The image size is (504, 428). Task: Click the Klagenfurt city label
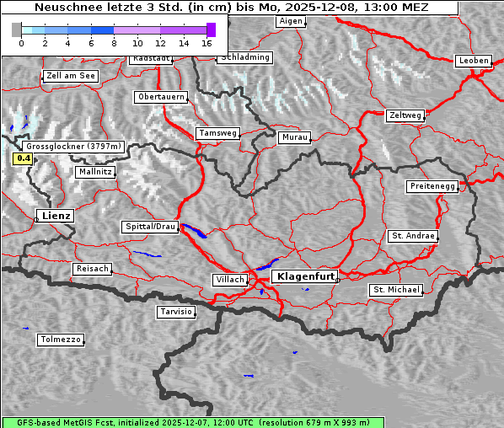pyautogui.click(x=307, y=276)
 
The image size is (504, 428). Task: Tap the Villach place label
pyautogui.click(x=229, y=280)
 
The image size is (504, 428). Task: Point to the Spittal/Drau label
pyautogui.click(x=151, y=227)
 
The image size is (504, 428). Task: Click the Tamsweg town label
pyautogui.click(x=218, y=133)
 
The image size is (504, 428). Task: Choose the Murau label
pyautogui.click(x=295, y=136)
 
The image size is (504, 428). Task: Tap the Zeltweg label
pyautogui.click(x=405, y=115)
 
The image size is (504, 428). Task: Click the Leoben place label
pyautogui.click(x=474, y=61)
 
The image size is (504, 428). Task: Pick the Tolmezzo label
pyautogui.click(x=60, y=340)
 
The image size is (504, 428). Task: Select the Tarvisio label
pyautogui.click(x=176, y=312)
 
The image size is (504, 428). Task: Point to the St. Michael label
pyautogui.click(x=395, y=290)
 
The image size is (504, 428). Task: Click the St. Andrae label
pyautogui.click(x=413, y=236)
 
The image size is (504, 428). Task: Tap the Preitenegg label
pyautogui.click(x=432, y=186)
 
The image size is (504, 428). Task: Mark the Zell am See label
pyautogui.click(x=71, y=76)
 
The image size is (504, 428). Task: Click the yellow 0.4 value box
pyautogui.click(x=24, y=158)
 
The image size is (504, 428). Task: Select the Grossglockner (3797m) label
pyautogui.click(x=74, y=146)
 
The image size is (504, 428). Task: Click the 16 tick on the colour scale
pyautogui.click(x=207, y=42)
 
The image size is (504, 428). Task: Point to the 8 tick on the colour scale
pyautogui.click(x=114, y=42)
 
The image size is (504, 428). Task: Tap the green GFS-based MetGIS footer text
pyautogui.click(x=192, y=422)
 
